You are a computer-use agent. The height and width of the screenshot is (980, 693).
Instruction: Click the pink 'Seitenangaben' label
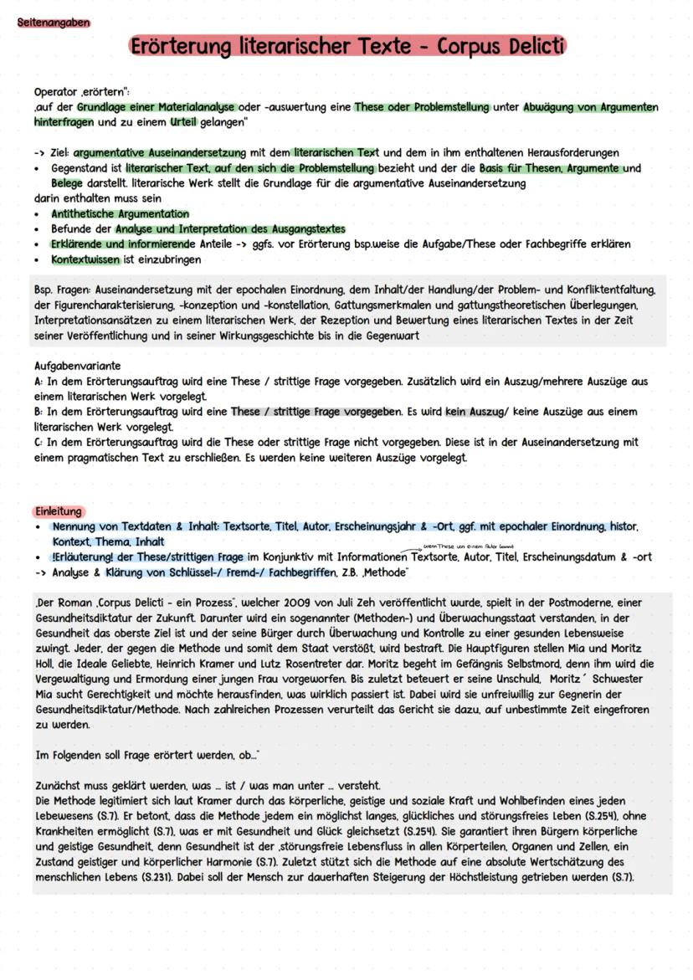(x=54, y=23)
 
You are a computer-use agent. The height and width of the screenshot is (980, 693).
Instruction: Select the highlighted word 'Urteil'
(x=183, y=121)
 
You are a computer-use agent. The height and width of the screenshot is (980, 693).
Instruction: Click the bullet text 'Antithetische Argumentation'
(x=120, y=214)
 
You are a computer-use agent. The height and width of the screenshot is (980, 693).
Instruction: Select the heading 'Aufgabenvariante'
(x=77, y=367)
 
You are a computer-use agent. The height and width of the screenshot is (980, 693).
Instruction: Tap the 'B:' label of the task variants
(x=38, y=412)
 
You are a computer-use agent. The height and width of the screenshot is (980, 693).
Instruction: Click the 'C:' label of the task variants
(x=38, y=442)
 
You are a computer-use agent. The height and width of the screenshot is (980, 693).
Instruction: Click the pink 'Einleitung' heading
(x=59, y=511)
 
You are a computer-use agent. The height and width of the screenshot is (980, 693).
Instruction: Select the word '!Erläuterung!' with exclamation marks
(x=85, y=557)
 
